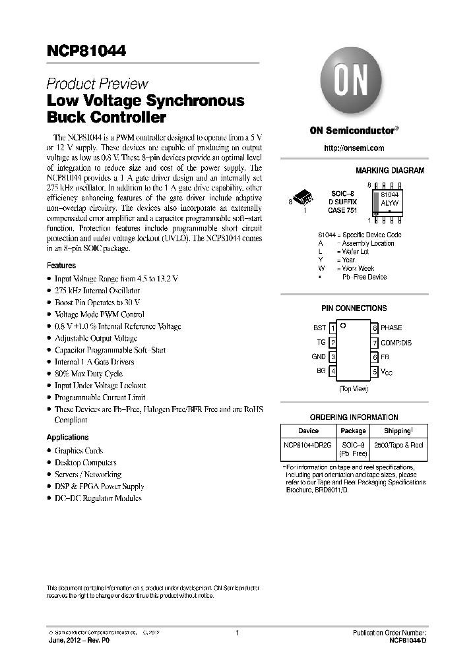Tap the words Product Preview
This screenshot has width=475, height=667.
pyautogui.click(x=97, y=84)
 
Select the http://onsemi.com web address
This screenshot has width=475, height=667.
pyautogui.click(x=354, y=148)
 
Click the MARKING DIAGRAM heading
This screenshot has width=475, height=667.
pyautogui.click(x=390, y=171)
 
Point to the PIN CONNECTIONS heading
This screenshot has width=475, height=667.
pyautogui.click(x=354, y=308)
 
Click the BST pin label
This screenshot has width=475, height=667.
pyautogui.click(x=319, y=328)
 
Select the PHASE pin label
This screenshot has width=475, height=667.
pyautogui.click(x=391, y=328)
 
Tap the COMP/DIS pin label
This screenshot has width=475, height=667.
pyautogui.click(x=396, y=343)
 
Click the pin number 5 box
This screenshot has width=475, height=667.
pyautogui.click(x=374, y=372)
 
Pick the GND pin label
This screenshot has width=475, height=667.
pyautogui.click(x=319, y=357)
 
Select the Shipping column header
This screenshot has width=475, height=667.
pyautogui.click(x=397, y=430)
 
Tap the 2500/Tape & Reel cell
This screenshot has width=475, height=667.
pyautogui.click(x=398, y=445)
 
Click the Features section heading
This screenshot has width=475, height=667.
pyautogui.click(x=61, y=266)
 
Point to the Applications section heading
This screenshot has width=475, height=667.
pyautogui.click(x=67, y=437)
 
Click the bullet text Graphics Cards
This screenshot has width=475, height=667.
pyautogui.click(x=79, y=451)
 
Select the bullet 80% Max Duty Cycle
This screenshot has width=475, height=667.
pyautogui.click(x=88, y=374)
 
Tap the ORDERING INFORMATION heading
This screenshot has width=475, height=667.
pyautogui.click(x=354, y=417)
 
